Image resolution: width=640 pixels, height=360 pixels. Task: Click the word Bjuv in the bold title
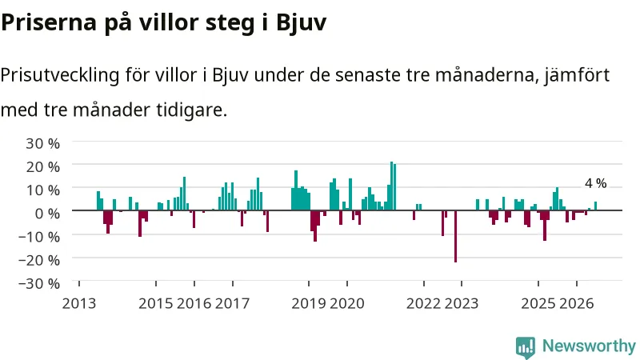pos(302,23)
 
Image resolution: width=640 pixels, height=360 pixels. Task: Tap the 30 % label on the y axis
pos(43,143)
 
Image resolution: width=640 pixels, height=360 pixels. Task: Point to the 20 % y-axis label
pos(43,166)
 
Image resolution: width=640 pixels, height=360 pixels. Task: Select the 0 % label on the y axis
pos(47,213)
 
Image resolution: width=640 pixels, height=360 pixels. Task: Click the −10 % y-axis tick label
pos(39,236)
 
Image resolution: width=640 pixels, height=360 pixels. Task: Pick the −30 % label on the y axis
pos(39,283)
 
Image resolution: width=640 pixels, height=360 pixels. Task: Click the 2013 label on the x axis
pos(78,303)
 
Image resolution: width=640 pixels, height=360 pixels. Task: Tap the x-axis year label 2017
pos(232,303)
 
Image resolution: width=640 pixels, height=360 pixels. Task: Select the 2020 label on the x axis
pos(347,303)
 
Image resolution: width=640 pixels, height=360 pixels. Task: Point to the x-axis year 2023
pos(462,303)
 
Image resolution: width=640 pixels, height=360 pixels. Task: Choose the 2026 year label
pos(576,303)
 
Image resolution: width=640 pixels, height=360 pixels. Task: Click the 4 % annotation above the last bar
pos(595,183)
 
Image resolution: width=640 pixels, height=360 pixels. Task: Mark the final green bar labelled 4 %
pos(595,206)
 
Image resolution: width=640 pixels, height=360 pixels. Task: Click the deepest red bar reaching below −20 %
pos(455,236)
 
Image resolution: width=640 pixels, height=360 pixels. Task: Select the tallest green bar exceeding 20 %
pos(391,186)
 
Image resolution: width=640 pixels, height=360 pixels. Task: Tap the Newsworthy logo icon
pos(526,347)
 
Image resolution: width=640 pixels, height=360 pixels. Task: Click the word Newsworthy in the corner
pos(589,346)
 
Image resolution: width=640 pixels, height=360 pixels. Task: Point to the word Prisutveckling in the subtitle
pos(60,75)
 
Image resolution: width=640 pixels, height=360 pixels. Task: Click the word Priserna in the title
pos(49,23)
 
